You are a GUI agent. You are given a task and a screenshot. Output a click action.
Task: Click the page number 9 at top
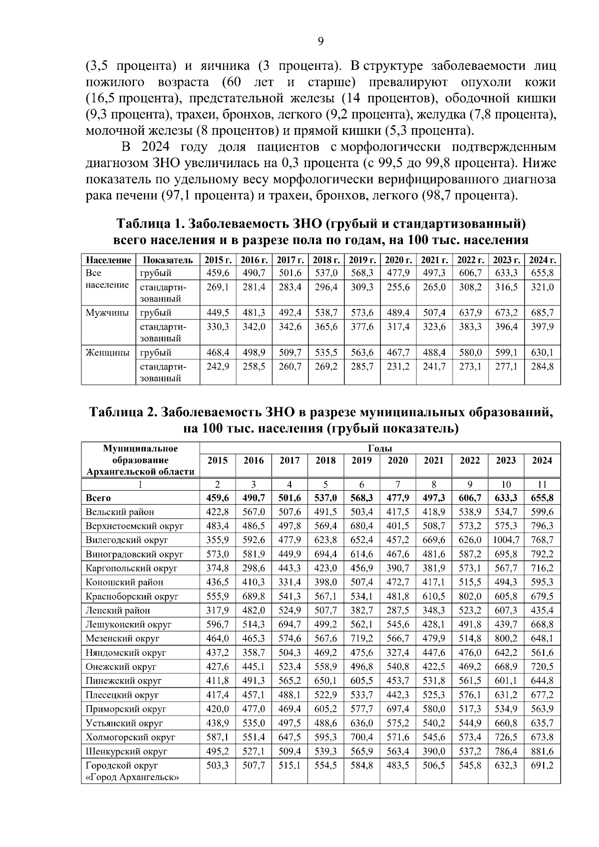tap(320, 41)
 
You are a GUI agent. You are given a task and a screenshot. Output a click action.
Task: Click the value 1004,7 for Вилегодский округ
tap(506, 540)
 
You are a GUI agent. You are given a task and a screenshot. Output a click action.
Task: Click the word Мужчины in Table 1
tap(107, 313)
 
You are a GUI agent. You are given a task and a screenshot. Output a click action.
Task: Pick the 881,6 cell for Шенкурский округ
tap(542, 751)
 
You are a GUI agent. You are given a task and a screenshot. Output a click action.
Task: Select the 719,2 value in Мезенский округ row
tap(361, 638)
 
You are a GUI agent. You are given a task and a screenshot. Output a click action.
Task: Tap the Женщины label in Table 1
tap(107, 352)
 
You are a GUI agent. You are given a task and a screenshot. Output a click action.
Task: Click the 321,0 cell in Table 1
tap(542, 287)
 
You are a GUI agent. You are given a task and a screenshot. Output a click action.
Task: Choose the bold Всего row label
tap(98, 498)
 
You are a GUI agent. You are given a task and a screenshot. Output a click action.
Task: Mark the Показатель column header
tap(167, 260)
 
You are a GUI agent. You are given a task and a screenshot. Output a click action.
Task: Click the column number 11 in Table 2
tap(542, 484)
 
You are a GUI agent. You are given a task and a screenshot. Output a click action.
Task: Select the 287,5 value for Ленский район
tap(397, 610)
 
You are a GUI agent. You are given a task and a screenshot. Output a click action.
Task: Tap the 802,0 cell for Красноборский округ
tap(470, 596)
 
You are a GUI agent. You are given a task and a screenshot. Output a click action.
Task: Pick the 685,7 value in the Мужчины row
tap(542, 313)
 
